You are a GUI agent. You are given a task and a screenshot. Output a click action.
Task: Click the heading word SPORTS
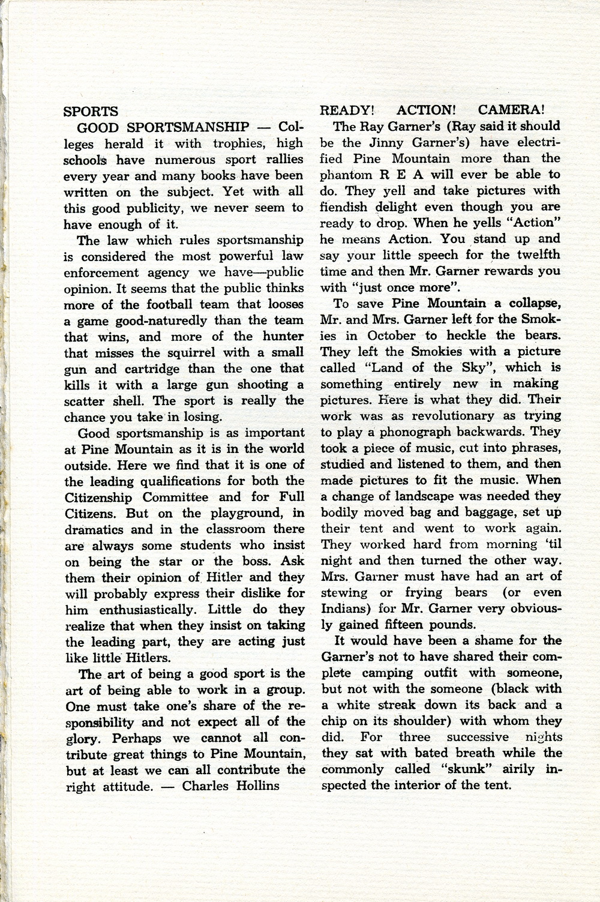pos(91,112)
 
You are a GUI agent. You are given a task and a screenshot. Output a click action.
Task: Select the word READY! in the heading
pos(347,110)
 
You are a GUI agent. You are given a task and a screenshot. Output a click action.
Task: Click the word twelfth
pos(535,255)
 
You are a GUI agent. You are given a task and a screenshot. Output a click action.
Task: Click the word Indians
pos(346,609)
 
